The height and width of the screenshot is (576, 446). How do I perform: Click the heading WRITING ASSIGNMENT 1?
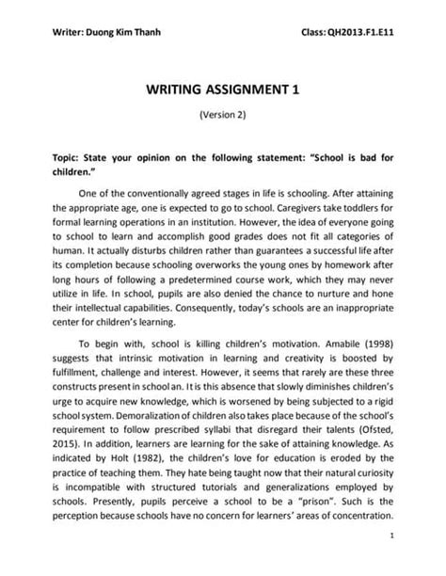(223, 91)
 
